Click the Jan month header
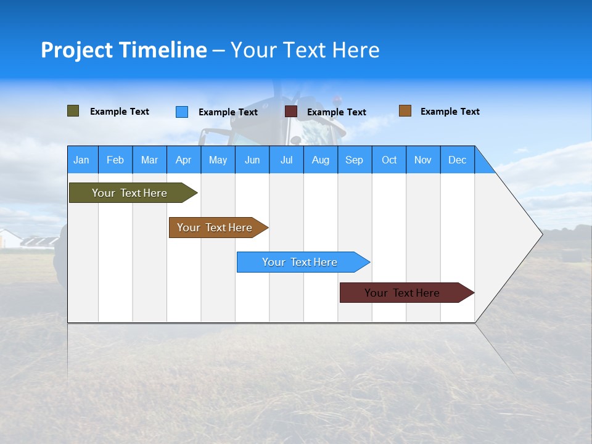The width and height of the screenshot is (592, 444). [x=81, y=160]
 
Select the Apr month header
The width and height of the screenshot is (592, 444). [x=183, y=160]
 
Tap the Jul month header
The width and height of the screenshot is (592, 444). [x=286, y=160]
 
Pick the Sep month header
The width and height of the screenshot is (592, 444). [x=354, y=160]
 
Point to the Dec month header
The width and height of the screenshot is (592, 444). [x=457, y=160]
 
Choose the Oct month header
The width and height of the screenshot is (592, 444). [x=389, y=160]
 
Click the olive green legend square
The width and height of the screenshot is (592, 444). [x=73, y=111]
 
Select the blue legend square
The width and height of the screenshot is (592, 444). [x=182, y=112]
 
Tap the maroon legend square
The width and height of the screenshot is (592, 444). [x=291, y=112]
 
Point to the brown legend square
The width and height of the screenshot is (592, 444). [x=405, y=111]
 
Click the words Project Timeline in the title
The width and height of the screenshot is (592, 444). [x=124, y=50]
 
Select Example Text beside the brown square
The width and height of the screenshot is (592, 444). [x=450, y=112]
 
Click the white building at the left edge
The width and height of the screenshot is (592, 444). [x=9, y=238]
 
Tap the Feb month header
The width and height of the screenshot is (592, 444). [x=115, y=160]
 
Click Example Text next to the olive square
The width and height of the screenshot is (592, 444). [x=120, y=112]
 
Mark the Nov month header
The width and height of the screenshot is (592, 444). [x=423, y=160]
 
